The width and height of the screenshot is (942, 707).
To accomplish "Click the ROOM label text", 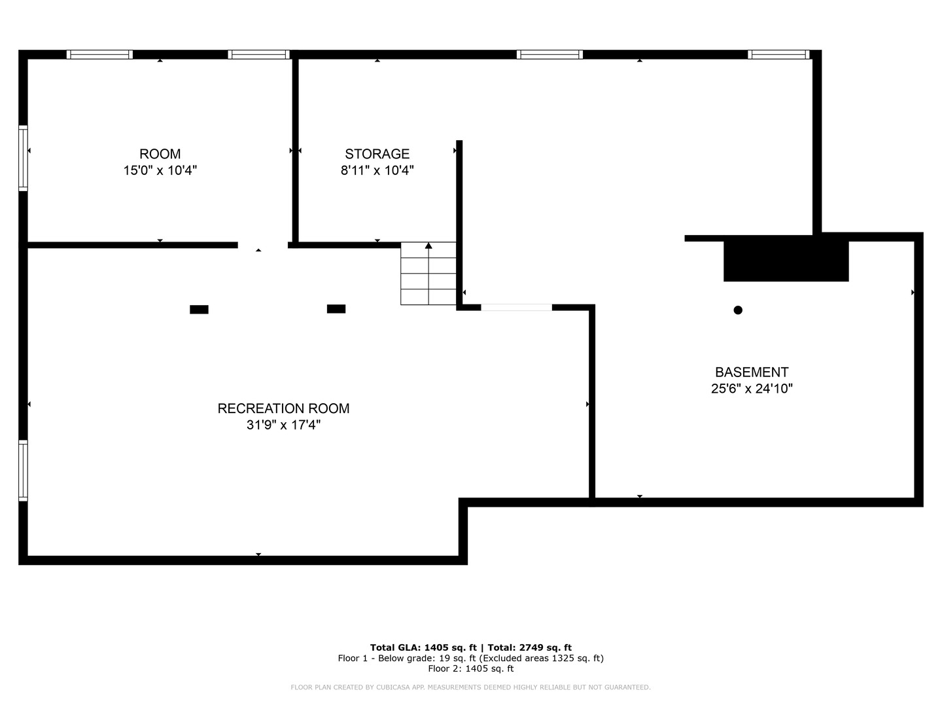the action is (160, 154).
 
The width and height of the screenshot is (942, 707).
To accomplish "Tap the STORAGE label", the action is (377, 154).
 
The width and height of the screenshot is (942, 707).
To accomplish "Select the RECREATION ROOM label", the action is (283, 408).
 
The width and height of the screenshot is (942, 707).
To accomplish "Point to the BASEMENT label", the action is (752, 372).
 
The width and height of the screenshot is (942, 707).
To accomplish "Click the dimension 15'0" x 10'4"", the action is (160, 170).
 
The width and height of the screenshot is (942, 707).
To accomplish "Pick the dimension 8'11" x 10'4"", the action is (377, 170).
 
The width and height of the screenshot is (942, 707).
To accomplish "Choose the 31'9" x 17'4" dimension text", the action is (283, 425).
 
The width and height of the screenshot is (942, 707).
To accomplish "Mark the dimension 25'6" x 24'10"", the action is (752, 388).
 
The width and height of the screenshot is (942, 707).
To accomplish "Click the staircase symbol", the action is (428, 274).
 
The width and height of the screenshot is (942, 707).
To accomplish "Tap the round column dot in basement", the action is (738, 310).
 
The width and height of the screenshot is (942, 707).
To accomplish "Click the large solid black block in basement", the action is (786, 261).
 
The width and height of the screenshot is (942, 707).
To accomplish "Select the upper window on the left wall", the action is (23, 158).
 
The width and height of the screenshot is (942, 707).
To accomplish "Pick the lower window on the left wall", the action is (23, 471).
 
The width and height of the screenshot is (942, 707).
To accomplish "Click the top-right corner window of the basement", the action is (778, 54).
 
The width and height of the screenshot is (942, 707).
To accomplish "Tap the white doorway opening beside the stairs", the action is (516, 308).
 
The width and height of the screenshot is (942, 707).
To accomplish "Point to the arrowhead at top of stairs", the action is (428, 245).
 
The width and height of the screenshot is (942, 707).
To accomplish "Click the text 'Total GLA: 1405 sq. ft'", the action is (423, 647).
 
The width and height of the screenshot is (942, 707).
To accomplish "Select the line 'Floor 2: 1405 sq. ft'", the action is (471, 668).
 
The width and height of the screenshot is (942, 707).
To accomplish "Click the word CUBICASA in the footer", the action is (392, 687).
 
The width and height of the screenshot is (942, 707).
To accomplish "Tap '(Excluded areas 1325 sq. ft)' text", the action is (541, 658).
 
